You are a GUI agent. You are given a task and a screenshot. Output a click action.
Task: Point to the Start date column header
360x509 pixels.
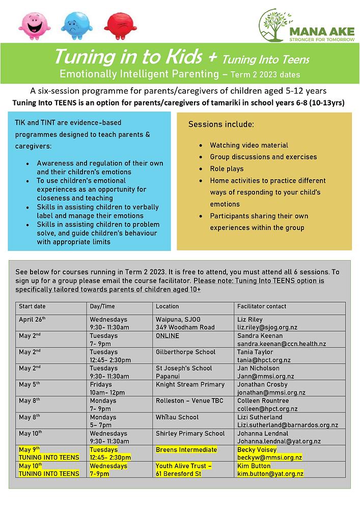point(32,306)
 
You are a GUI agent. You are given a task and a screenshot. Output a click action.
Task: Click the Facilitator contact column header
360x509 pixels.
point(262,306)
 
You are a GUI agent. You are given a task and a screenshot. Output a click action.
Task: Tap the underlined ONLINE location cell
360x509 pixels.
point(168,336)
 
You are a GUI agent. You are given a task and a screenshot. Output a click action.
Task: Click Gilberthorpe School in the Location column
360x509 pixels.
point(185,352)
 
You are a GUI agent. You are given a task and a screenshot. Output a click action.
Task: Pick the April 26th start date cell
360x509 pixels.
point(32,320)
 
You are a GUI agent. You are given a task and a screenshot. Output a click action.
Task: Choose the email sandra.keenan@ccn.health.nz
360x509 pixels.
point(282,344)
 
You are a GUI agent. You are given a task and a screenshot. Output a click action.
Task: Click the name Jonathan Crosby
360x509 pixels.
point(262,385)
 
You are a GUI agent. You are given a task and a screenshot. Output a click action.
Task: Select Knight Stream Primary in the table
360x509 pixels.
point(190,385)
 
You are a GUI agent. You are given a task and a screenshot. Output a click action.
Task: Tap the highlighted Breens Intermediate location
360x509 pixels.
point(186,450)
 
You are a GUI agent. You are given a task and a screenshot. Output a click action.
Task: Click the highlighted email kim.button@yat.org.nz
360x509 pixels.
point(270,474)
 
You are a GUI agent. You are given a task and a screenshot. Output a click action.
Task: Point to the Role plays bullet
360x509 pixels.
point(227,169)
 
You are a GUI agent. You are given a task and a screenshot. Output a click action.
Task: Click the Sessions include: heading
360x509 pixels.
point(221,125)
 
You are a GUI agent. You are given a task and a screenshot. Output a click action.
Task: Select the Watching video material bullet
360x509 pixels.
point(249,146)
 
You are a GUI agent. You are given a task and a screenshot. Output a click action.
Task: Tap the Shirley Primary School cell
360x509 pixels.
point(190,434)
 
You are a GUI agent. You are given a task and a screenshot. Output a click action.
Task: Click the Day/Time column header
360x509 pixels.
point(102,306)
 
